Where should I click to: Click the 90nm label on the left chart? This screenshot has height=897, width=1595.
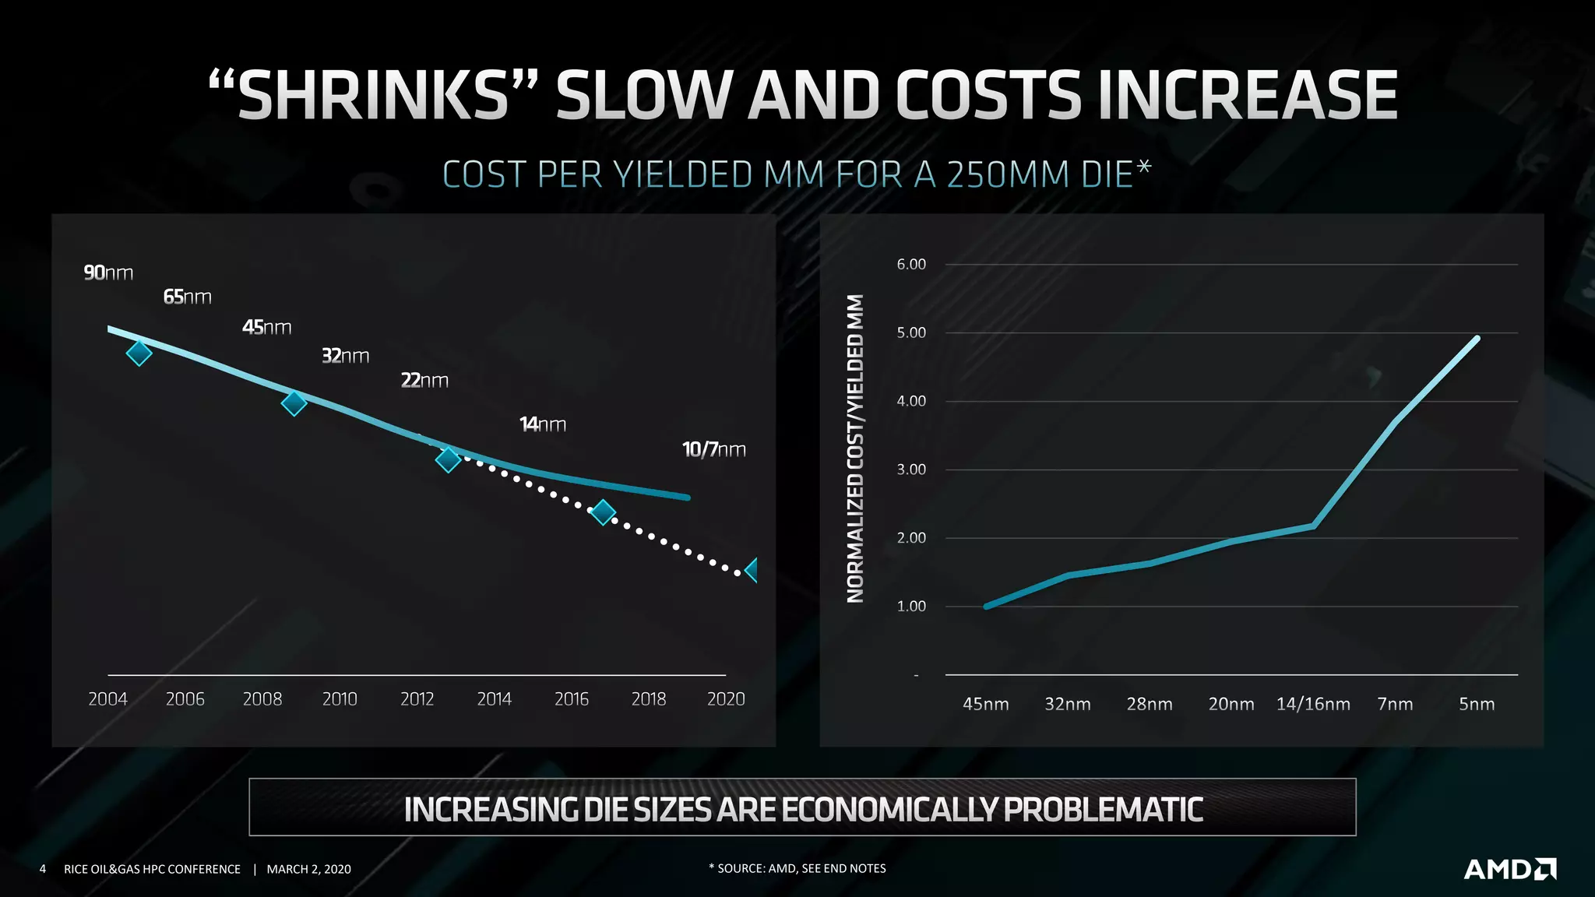click(108, 273)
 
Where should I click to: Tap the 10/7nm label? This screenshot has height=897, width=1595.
click(713, 449)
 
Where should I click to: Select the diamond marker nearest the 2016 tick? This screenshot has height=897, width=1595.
click(603, 512)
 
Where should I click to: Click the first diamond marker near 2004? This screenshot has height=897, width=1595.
click(139, 353)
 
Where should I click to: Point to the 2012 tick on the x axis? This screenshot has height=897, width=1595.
click(417, 698)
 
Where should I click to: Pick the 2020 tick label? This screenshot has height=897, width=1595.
click(725, 698)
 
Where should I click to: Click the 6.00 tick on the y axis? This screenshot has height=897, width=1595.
click(910, 264)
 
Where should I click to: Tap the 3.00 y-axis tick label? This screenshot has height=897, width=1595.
click(910, 470)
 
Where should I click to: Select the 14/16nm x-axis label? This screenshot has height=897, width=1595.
click(1312, 704)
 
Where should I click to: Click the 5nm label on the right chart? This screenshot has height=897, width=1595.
click(1476, 704)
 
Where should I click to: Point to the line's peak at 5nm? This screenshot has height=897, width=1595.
click(1477, 338)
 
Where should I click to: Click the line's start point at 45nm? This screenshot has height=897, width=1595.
click(986, 606)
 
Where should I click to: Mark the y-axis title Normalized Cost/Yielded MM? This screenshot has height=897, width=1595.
click(855, 448)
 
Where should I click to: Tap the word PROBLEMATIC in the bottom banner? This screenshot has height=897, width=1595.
click(1102, 809)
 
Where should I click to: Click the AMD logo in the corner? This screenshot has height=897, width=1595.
click(1509, 869)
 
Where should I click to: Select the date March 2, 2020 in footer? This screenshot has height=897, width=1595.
click(308, 869)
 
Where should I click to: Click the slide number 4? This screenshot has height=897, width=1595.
click(43, 869)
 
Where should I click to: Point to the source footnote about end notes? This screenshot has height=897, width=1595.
click(797, 868)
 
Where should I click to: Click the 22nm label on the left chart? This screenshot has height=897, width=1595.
click(424, 380)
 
